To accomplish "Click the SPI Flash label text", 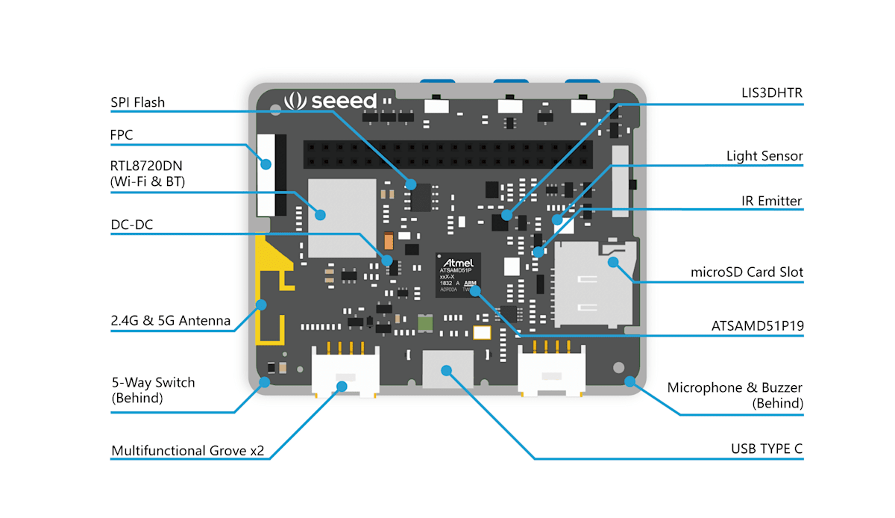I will point(138,102).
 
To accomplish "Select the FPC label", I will point(122,135).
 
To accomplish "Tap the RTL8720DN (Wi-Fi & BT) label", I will point(148,173).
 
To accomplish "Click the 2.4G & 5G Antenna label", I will point(171,322).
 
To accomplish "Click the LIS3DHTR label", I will point(771,93).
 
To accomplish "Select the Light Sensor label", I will point(764,156).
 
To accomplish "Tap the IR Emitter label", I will point(771,201).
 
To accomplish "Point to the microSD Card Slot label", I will point(747,272).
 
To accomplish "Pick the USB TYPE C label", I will point(767,449).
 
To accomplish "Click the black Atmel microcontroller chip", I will point(459,275).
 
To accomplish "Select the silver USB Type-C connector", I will point(447,369).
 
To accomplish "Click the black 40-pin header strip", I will point(455,155).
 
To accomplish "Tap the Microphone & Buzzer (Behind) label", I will point(735,396).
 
